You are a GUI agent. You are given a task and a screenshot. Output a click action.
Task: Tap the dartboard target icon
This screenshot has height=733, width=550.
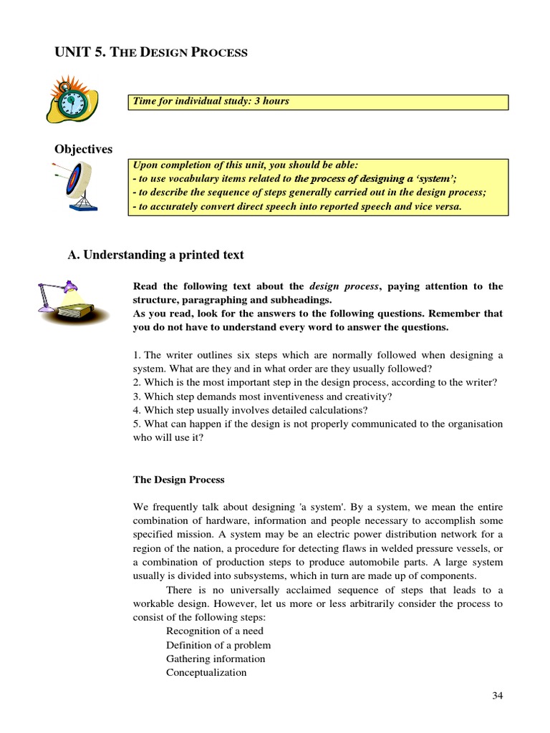click(x=77, y=185)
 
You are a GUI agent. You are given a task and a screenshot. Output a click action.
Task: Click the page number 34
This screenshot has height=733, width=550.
click(x=498, y=696)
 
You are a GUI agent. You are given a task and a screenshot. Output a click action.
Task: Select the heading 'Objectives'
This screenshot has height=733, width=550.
click(x=84, y=149)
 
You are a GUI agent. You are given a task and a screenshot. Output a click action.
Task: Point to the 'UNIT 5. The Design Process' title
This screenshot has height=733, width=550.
click(x=151, y=52)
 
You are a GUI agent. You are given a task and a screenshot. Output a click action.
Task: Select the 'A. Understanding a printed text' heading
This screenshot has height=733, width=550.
click(x=155, y=254)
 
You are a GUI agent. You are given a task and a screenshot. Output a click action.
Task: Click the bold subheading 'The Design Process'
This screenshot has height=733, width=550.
click(x=178, y=480)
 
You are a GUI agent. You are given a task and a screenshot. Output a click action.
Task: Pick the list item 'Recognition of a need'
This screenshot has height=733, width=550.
click(x=215, y=631)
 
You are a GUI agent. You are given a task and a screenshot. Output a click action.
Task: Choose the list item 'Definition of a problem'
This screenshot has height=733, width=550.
click(x=218, y=645)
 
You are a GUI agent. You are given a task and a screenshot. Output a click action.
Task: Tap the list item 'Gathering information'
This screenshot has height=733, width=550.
click(x=216, y=659)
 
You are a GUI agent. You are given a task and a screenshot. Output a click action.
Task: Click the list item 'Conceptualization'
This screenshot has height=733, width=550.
click(x=206, y=672)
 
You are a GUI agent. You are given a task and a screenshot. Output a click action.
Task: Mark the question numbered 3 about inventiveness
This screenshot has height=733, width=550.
click(x=263, y=396)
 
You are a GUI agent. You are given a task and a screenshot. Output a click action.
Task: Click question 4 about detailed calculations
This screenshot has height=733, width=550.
click(x=251, y=410)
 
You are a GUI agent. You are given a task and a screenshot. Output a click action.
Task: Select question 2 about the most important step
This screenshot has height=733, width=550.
click(x=314, y=382)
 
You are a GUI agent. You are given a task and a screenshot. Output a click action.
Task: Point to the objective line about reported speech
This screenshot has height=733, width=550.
click(x=297, y=207)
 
